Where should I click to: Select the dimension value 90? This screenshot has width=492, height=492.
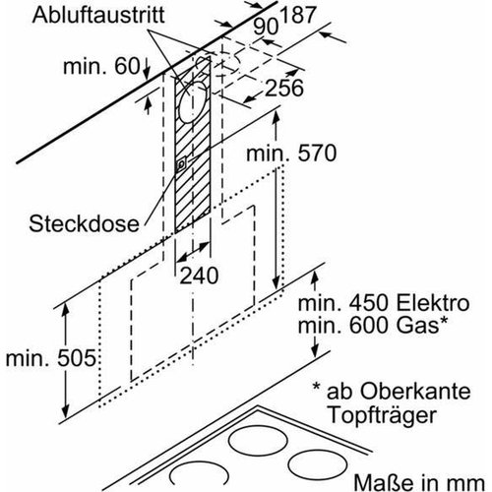pyautogui.click(x=263, y=26)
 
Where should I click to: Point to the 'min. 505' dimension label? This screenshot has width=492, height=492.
pyautogui.click(x=48, y=358)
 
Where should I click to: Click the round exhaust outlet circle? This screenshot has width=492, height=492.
pyautogui.click(x=195, y=102)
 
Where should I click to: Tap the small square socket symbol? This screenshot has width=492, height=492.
pyautogui.click(x=180, y=167)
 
